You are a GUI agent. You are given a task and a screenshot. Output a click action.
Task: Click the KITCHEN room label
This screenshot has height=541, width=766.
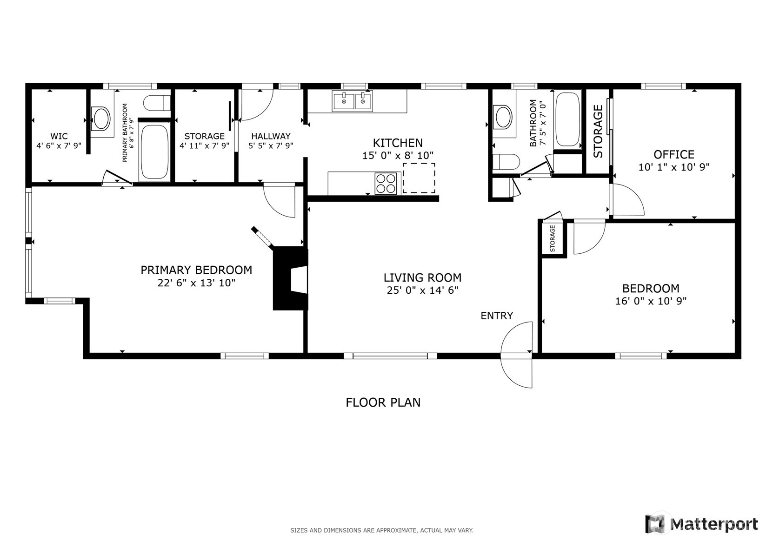398,143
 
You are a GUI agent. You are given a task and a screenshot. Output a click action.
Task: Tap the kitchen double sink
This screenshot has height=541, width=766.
352,101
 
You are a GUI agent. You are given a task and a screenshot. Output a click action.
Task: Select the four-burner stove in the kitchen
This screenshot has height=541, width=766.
386,183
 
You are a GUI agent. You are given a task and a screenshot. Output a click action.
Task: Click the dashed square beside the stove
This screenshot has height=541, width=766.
419,178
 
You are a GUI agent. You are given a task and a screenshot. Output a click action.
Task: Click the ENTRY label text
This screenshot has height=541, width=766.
496,316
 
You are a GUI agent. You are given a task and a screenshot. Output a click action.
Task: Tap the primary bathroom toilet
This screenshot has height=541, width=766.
156,103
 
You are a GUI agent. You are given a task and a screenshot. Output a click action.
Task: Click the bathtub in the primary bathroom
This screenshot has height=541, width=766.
154,152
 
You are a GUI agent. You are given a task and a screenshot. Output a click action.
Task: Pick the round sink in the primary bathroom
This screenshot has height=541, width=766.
101,119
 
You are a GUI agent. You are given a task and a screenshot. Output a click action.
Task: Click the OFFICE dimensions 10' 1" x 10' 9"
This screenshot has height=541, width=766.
673,167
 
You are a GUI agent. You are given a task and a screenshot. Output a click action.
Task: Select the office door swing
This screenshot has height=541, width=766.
627,200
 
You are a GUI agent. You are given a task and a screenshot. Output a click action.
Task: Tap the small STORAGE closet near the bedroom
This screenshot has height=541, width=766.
553,238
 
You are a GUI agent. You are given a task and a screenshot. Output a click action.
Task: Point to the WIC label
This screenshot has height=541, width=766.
59,136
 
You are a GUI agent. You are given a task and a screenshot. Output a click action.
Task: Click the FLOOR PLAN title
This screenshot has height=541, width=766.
383,402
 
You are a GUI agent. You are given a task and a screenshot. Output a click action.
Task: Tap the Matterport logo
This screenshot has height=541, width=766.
702,524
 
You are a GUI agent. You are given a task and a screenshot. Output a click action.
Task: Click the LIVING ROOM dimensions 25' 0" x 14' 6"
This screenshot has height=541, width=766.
422,290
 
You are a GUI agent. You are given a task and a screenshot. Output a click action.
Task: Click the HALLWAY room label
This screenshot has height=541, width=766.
271,136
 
